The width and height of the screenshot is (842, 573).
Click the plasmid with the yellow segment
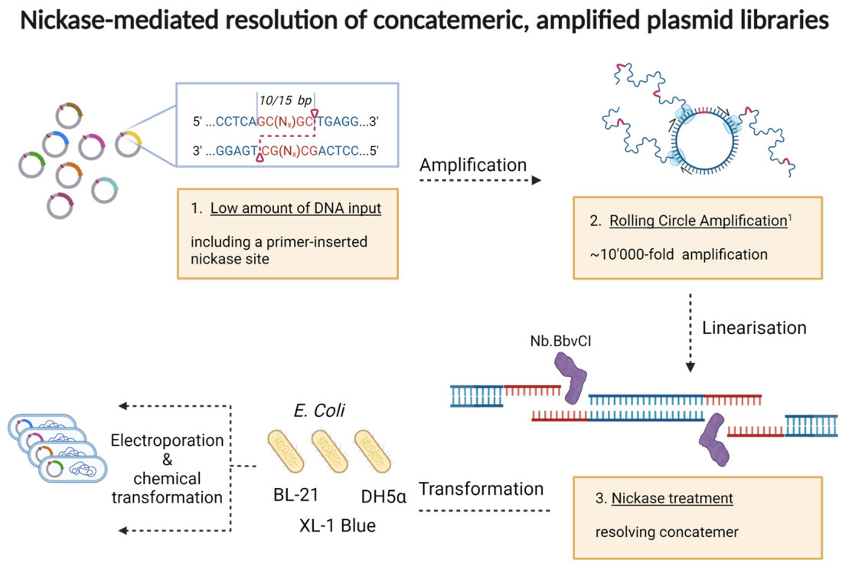coord(128,143)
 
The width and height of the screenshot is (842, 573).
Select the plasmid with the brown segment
coord(69,116)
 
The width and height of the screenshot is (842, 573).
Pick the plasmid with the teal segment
coord(105,190)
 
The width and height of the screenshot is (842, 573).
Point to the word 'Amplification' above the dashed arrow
coord(473,165)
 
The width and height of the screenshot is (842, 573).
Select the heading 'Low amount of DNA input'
coord(295,208)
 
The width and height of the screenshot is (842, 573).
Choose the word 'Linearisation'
coord(754,328)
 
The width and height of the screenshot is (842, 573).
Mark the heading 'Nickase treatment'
coord(672,498)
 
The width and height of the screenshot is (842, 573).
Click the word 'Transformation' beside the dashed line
coord(481,489)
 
